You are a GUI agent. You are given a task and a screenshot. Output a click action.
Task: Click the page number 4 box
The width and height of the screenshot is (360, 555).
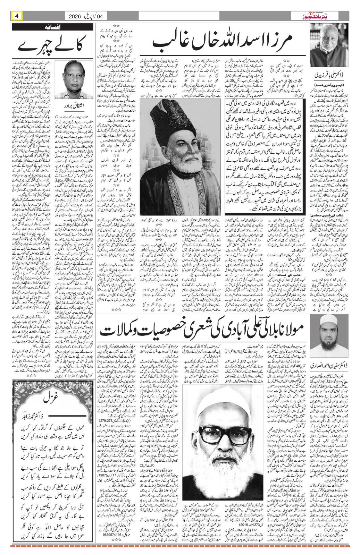tap(17, 16)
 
